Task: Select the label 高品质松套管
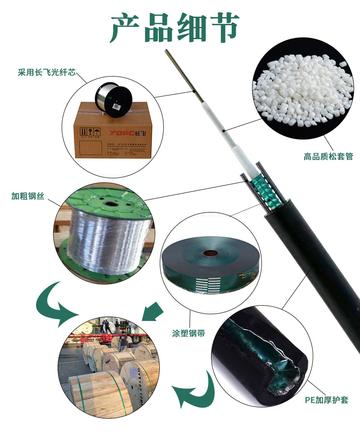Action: coord(328,157)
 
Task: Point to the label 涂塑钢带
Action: coord(189,333)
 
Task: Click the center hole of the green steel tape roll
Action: coord(210,253)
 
